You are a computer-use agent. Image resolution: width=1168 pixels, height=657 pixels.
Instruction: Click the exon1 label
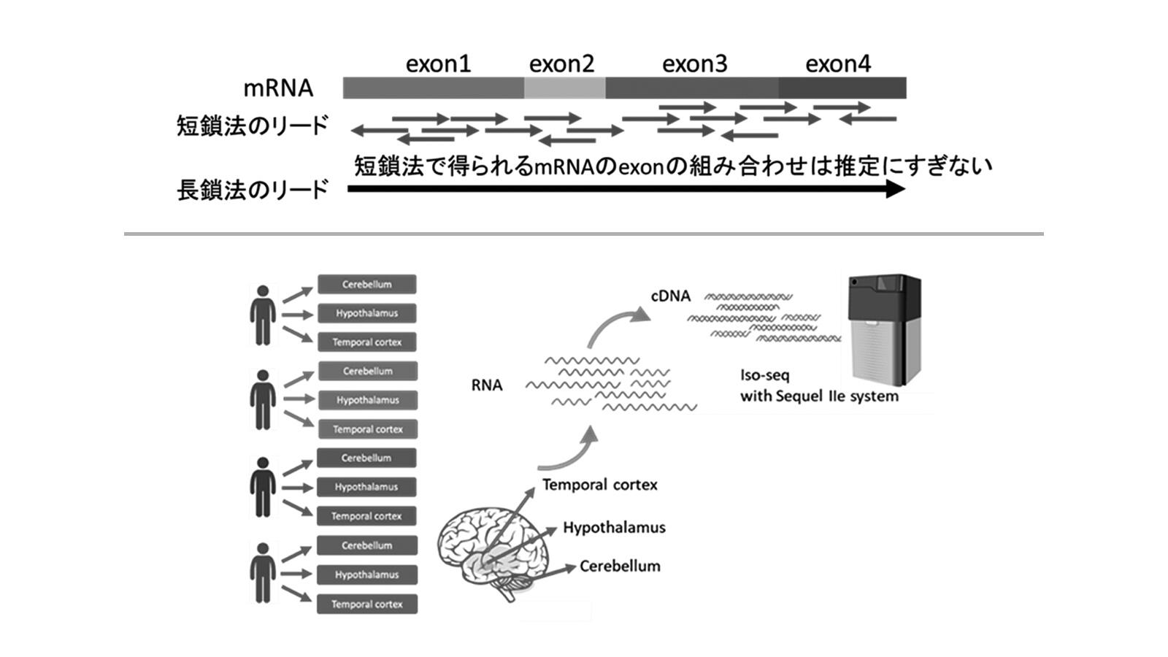coord(438,64)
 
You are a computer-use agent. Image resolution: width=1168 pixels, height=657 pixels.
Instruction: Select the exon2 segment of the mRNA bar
coord(564,88)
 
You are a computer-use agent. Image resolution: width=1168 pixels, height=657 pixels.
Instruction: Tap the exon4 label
coord(837,64)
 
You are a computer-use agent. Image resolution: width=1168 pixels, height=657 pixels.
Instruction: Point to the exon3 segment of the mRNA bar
coord(691,88)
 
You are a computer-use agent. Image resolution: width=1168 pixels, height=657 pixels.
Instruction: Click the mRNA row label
coord(278,88)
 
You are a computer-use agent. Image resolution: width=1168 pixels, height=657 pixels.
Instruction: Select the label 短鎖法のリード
coord(253,126)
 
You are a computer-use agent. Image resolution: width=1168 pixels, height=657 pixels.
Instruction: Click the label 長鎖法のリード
coord(253,191)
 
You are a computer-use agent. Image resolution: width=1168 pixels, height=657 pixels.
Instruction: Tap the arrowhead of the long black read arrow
coord(896,189)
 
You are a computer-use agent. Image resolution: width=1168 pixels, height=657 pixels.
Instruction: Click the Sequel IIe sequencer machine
coord(883,332)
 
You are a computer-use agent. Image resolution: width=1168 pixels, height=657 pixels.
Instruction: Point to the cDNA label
coord(670,296)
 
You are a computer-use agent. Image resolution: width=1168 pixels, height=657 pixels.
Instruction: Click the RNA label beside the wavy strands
coord(487,385)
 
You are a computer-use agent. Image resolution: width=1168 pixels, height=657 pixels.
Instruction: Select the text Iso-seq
coord(764,375)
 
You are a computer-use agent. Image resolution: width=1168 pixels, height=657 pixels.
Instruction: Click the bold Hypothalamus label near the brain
coord(614,528)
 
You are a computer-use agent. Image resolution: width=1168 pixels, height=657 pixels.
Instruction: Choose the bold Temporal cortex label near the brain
coord(599,485)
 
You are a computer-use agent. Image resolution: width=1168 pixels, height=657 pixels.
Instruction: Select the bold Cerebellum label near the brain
coord(620,566)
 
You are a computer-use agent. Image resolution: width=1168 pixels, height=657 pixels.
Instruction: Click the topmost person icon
coord(263,315)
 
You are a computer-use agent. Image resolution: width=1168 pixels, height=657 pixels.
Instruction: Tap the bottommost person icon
coord(263,573)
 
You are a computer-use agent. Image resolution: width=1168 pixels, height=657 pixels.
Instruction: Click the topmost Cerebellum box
coord(367,285)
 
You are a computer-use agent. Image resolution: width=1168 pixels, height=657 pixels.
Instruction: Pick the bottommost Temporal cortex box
coord(367,604)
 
